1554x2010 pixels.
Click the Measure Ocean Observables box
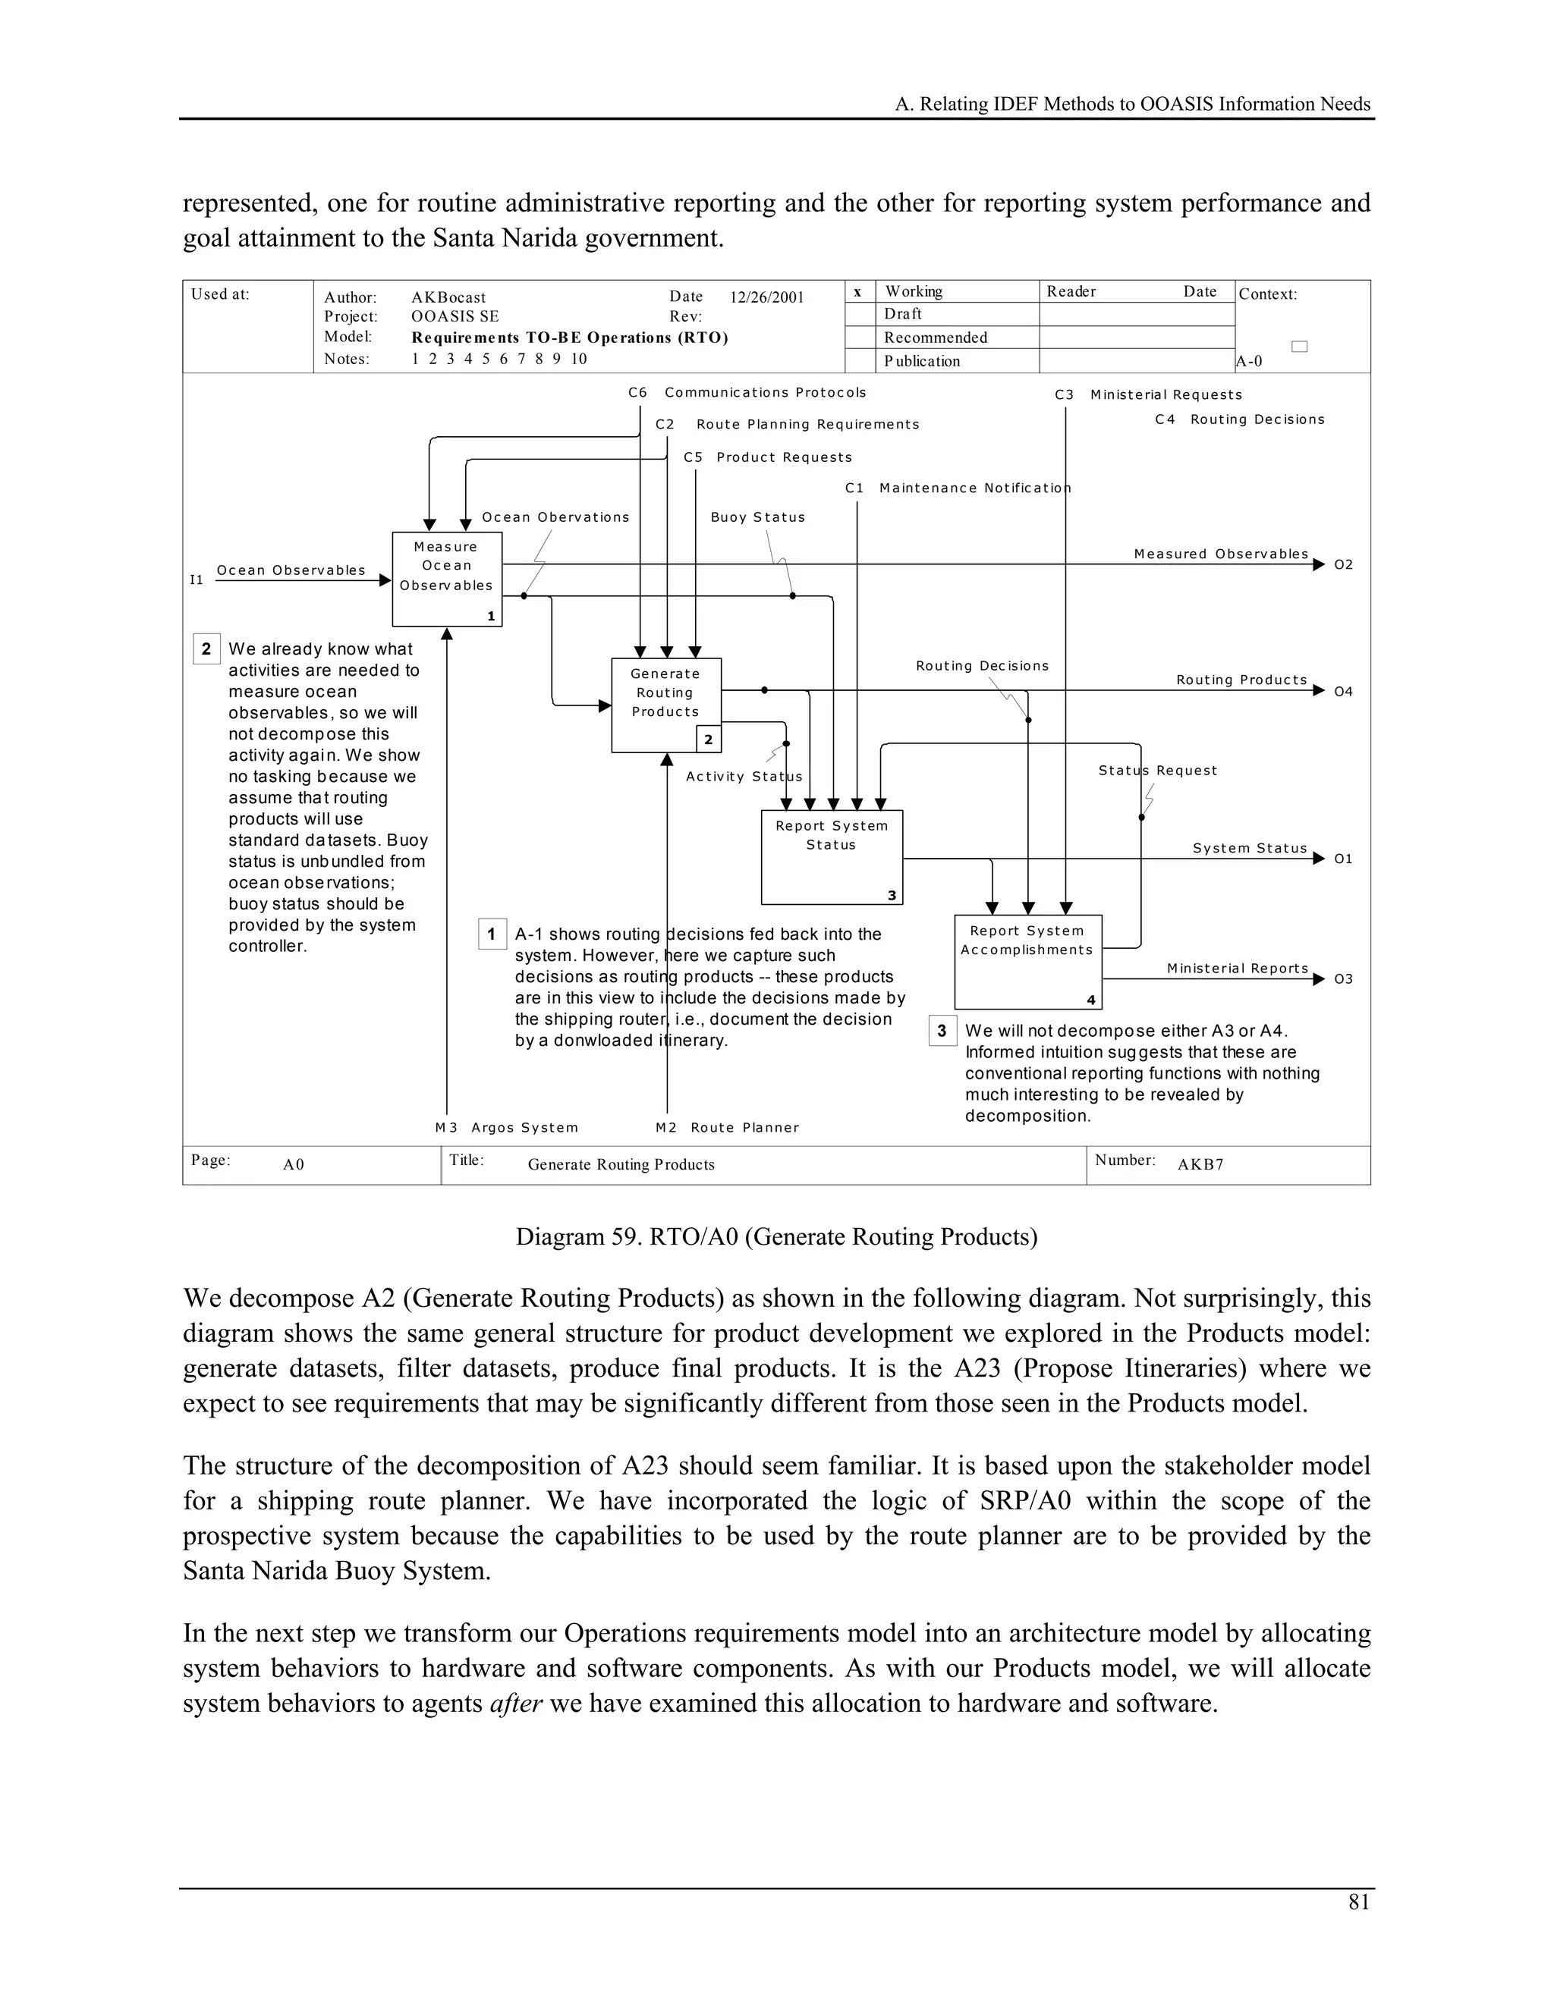tap(446, 578)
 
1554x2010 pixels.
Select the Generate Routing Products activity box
tap(665, 704)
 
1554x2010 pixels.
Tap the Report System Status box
tap(832, 856)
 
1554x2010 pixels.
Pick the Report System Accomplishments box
tap(1027, 961)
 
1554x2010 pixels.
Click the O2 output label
tap(1343, 564)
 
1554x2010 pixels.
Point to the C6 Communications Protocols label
tap(747, 392)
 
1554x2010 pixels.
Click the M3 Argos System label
tap(506, 1127)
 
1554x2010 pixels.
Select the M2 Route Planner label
tap(727, 1127)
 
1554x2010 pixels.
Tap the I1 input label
tap(196, 579)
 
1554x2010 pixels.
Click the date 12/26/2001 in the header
tap(767, 297)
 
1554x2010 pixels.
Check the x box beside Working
tap(858, 292)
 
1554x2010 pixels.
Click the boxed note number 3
tap(942, 1031)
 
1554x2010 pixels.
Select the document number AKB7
tap(1200, 1164)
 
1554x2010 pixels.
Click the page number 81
tap(1359, 1902)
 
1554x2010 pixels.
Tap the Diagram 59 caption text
tap(776, 1236)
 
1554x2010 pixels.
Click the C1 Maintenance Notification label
tap(958, 488)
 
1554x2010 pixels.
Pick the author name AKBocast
tap(448, 297)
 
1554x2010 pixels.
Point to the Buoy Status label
tap(758, 517)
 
